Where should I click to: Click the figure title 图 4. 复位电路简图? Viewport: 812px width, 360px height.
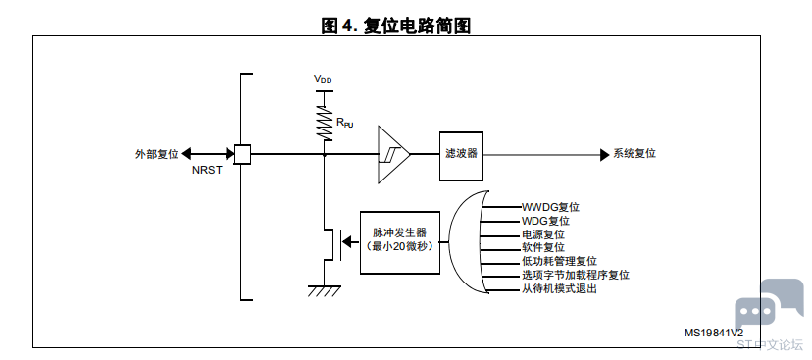pyautogui.click(x=395, y=25)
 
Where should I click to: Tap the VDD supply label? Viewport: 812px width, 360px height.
pyautogui.click(x=323, y=79)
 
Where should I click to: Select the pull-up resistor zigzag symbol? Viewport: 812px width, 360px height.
pyautogui.click(x=325, y=123)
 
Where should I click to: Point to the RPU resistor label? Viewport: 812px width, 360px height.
pyautogui.click(x=344, y=123)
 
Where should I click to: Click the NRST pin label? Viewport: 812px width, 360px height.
pyautogui.click(x=207, y=170)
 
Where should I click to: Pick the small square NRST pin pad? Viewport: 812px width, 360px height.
pyautogui.click(x=243, y=154)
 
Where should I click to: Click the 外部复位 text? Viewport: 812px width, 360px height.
pyautogui.click(x=157, y=154)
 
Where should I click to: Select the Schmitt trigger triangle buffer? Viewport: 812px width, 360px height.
pyautogui.click(x=393, y=154)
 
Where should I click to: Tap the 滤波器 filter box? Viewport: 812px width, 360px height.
pyautogui.click(x=462, y=156)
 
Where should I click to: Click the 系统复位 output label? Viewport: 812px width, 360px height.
pyautogui.click(x=634, y=154)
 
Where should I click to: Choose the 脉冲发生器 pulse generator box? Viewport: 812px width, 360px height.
pyautogui.click(x=400, y=242)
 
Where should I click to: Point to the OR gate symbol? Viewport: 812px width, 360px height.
pyautogui.click(x=469, y=242)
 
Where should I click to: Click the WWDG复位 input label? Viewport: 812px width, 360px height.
pyautogui.click(x=550, y=207)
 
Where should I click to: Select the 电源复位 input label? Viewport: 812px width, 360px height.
pyautogui.click(x=542, y=234)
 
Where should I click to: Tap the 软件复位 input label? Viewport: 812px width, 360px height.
pyautogui.click(x=542, y=247)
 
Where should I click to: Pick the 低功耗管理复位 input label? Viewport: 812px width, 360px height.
pyautogui.click(x=559, y=262)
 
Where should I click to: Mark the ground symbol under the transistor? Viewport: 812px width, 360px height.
pyautogui.click(x=325, y=290)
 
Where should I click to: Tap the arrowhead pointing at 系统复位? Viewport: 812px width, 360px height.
pyautogui.click(x=605, y=154)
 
